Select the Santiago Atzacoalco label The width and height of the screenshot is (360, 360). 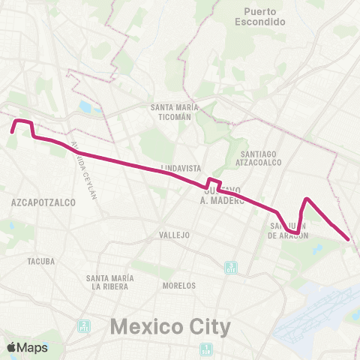(x=256, y=157)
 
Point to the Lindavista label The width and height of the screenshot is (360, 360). (x=178, y=168)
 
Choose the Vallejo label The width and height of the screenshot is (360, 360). (x=175, y=235)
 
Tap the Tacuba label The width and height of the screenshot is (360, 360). (x=41, y=262)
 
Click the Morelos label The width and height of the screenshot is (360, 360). (x=179, y=286)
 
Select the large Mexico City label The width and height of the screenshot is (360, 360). (x=170, y=327)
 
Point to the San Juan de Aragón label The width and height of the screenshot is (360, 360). (x=289, y=230)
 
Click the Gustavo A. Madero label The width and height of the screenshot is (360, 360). (x=223, y=196)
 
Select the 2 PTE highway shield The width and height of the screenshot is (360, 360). (x=84, y=326)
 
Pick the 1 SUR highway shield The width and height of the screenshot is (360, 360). (x=206, y=349)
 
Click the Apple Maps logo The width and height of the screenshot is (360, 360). (x=27, y=347)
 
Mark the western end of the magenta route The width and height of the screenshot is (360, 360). (x=12, y=132)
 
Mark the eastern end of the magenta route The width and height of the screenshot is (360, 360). (x=349, y=239)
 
